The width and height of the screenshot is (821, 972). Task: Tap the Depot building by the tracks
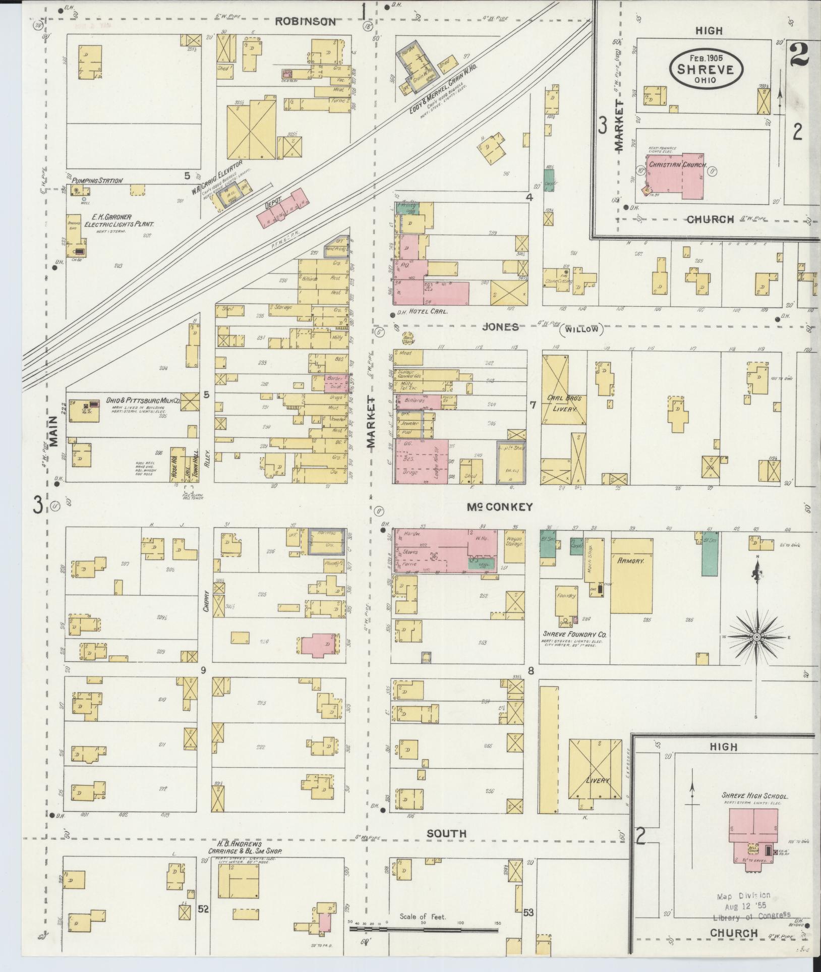pos(282,208)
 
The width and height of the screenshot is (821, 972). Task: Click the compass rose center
pos(756,638)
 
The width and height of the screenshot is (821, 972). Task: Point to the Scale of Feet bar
pos(424,930)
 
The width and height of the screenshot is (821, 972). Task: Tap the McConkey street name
pos(499,507)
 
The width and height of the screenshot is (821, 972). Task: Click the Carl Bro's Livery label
pos(564,403)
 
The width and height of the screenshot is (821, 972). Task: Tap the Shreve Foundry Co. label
pos(574,634)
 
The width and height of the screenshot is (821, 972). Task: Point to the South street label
pos(446,834)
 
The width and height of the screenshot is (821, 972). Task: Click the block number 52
pos(203,909)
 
